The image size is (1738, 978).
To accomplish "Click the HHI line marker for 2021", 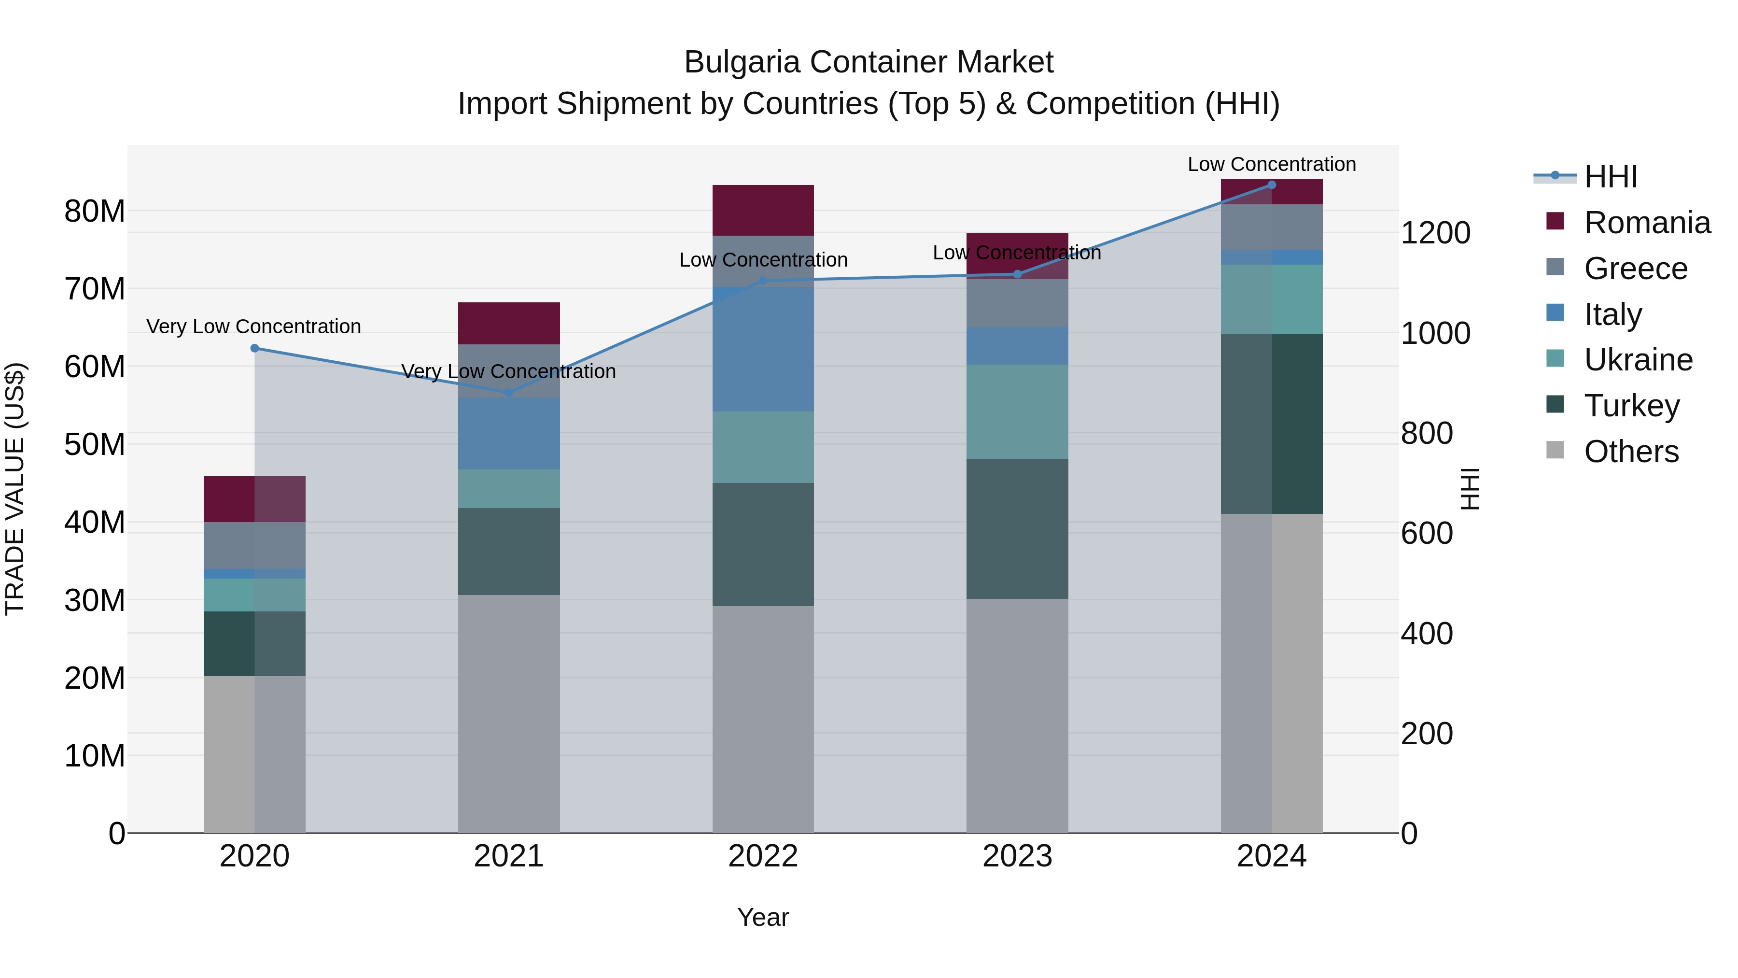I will pos(509,392).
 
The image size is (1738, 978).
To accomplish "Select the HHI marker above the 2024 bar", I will pos(1272,185).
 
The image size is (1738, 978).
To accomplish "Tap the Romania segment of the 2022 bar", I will pos(763,210).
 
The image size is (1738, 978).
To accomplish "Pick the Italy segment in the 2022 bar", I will pos(763,349).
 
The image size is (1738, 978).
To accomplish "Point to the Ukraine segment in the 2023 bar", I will pos(1017,411).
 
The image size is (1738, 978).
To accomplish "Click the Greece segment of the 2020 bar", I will pos(254,545).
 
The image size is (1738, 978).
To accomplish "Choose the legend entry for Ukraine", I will pos(1638,360).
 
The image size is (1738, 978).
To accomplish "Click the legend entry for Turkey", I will pos(1631,406).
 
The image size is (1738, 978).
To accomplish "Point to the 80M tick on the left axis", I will pos(95,211).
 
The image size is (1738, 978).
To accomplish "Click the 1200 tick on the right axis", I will pos(1435,233).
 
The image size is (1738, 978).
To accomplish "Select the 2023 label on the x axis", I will pos(1017,856).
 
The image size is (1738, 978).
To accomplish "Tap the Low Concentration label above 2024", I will pos(1271,164).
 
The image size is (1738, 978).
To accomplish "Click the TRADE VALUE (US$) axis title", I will pos(15,489).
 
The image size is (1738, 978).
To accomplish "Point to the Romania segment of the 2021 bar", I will pos(509,323).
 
